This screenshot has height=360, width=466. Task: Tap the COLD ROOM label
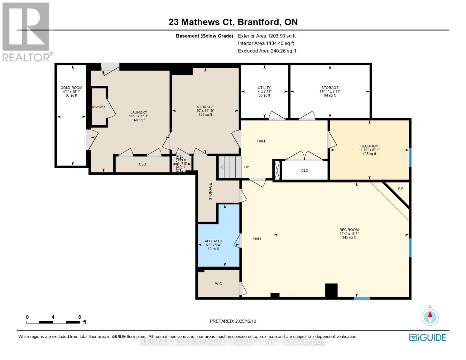71,88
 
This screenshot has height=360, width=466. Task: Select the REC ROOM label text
349,230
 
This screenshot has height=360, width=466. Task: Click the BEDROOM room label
369,146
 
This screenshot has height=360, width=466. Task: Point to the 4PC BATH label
214,241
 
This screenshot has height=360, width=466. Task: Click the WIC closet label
218,283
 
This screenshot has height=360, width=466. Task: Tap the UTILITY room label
264,88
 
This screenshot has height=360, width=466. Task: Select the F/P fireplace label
401,189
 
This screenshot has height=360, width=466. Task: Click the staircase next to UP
230,167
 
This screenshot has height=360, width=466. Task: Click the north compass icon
430,316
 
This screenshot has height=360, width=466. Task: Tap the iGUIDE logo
428,337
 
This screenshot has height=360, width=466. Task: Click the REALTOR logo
26,31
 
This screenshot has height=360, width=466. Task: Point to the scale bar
53,322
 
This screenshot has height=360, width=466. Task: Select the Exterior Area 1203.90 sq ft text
267,36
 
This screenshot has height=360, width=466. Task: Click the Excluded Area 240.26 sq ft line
267,51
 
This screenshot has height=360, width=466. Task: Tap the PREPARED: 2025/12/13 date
233,321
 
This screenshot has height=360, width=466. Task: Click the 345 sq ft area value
349,237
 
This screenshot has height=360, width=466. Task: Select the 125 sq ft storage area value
205,114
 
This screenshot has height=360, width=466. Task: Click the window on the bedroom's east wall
410,157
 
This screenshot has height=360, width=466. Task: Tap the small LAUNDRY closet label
98,106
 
